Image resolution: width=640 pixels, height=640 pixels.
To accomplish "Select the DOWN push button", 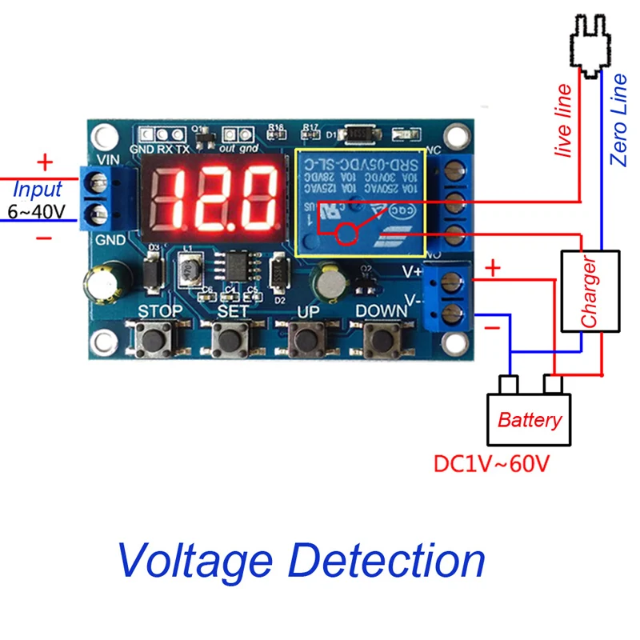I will click(378, 342).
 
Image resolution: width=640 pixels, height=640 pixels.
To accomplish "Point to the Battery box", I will click(529, 419).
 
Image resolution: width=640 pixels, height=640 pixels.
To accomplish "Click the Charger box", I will click(590, 290).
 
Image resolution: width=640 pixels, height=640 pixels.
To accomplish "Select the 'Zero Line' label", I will click(618, 118).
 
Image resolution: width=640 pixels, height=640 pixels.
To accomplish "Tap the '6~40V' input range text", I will click(35, 212).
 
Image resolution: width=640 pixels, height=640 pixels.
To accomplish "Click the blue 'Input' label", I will click(38, 190).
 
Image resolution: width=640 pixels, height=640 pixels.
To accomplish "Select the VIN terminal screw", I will click(100, 185).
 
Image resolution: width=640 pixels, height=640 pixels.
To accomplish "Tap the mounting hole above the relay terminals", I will click(455, 133).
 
